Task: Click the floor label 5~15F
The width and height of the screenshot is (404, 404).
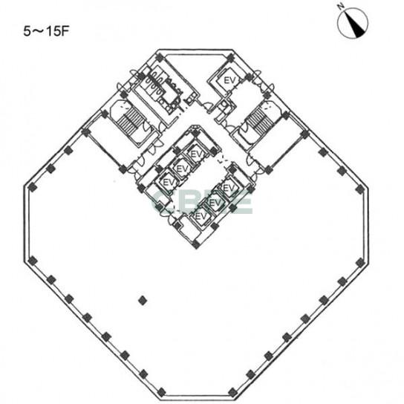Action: (47, 31)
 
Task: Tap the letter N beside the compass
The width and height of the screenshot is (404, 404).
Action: (342, 7)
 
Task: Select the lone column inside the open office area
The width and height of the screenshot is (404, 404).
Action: (143, 301)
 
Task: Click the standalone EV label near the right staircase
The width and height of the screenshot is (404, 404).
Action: (229, 80)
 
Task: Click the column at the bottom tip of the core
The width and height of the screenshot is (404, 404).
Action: (196, 244)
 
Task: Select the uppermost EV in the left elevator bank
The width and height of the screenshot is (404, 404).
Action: (196, 154)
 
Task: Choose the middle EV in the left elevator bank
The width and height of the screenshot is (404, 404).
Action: (183, 169)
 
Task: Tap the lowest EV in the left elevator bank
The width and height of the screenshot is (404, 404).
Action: (169, 183)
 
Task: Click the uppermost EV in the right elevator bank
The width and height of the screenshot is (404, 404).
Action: (228, 188)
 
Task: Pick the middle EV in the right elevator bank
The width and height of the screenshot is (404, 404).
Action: (215, 203)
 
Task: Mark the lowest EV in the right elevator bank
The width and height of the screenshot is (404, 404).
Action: (201, 216)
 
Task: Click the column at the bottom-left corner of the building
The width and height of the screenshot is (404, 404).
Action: (161, 392)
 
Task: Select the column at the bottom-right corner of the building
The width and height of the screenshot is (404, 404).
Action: (232, 392)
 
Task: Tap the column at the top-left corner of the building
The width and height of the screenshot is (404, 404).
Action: (160, 57)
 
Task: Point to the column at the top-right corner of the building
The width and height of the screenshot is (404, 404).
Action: (231, 57)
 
